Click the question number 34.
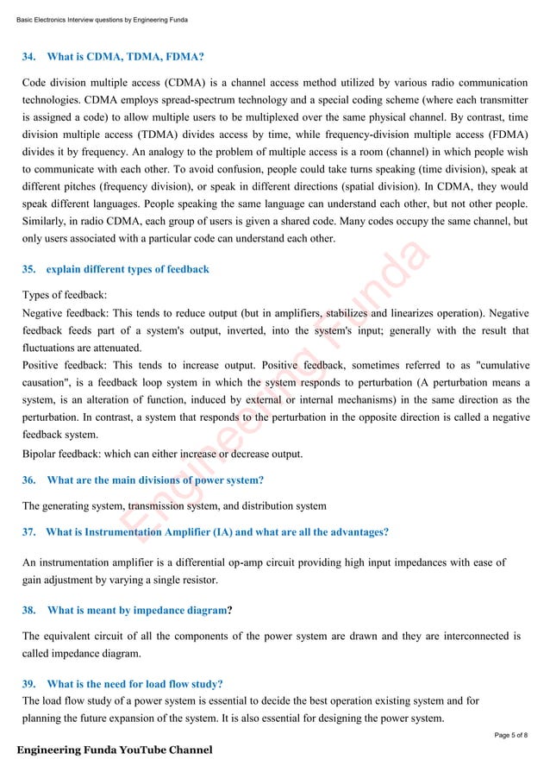pos(28,58)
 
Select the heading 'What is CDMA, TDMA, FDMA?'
pos(125,58)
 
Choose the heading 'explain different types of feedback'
pos(128,269)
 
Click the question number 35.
pos(28,269)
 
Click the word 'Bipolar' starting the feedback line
pos(40,455)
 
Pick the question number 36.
pos(28,480)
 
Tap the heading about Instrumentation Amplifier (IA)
pos(217,531)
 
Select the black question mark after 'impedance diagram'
pos(228,611)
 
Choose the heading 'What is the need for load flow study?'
pos(135,684)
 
